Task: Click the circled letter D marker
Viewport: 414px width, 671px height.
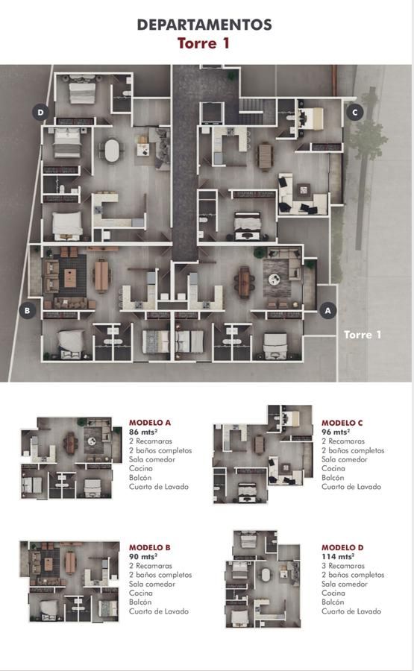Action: [41, 113]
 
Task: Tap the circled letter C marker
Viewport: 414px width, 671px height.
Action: [354, 113]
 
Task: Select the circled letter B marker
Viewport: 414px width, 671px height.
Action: [28, 310]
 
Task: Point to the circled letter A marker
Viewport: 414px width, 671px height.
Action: [328, 310]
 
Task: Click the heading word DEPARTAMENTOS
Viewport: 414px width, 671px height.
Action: [204, 25]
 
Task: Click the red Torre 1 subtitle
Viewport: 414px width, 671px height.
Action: [204, 43]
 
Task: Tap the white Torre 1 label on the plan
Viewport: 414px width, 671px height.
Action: [363, 334]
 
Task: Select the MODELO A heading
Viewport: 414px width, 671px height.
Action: [150, 423]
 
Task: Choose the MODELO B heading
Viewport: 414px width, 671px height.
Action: [150, 547]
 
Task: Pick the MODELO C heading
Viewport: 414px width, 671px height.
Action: [342, 423]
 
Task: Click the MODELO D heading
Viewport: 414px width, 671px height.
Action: [342, 547]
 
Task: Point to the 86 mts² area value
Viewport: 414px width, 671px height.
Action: [143, 432]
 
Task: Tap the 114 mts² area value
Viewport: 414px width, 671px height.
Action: [338, 556]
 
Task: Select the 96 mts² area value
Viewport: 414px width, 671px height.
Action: [336, 432]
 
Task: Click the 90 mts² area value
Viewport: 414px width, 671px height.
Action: [143, 556]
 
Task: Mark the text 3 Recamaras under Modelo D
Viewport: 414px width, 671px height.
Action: [343, 566]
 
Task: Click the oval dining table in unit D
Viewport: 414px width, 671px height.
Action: [112, 150]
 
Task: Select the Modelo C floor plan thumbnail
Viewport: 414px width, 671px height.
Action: [263, 454]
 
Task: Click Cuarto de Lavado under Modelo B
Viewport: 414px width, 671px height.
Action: [159, 611]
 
